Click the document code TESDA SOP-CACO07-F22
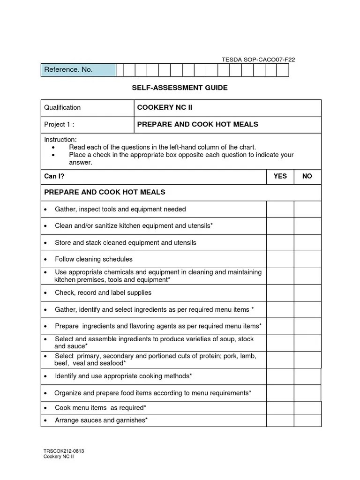tap(258, 60)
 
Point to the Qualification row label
tap(62, 107)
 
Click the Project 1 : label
tap(59, 124)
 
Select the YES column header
tap(280, 176)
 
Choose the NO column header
tap(307, 176)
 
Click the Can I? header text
tap(54, 176)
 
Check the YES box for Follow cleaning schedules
tap(280, 259)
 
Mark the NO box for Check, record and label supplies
tap(307, 292)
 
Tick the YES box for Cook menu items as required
tap(280, 408)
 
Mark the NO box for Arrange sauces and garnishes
tap(307, 420)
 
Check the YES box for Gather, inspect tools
tap(280, 209)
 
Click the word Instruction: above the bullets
tap(60, 140)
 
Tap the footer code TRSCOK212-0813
tap(64, 451)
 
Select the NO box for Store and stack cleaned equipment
tap(307, 243)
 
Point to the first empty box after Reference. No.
tap(120, 70)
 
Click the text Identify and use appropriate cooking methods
tap(123, 376)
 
